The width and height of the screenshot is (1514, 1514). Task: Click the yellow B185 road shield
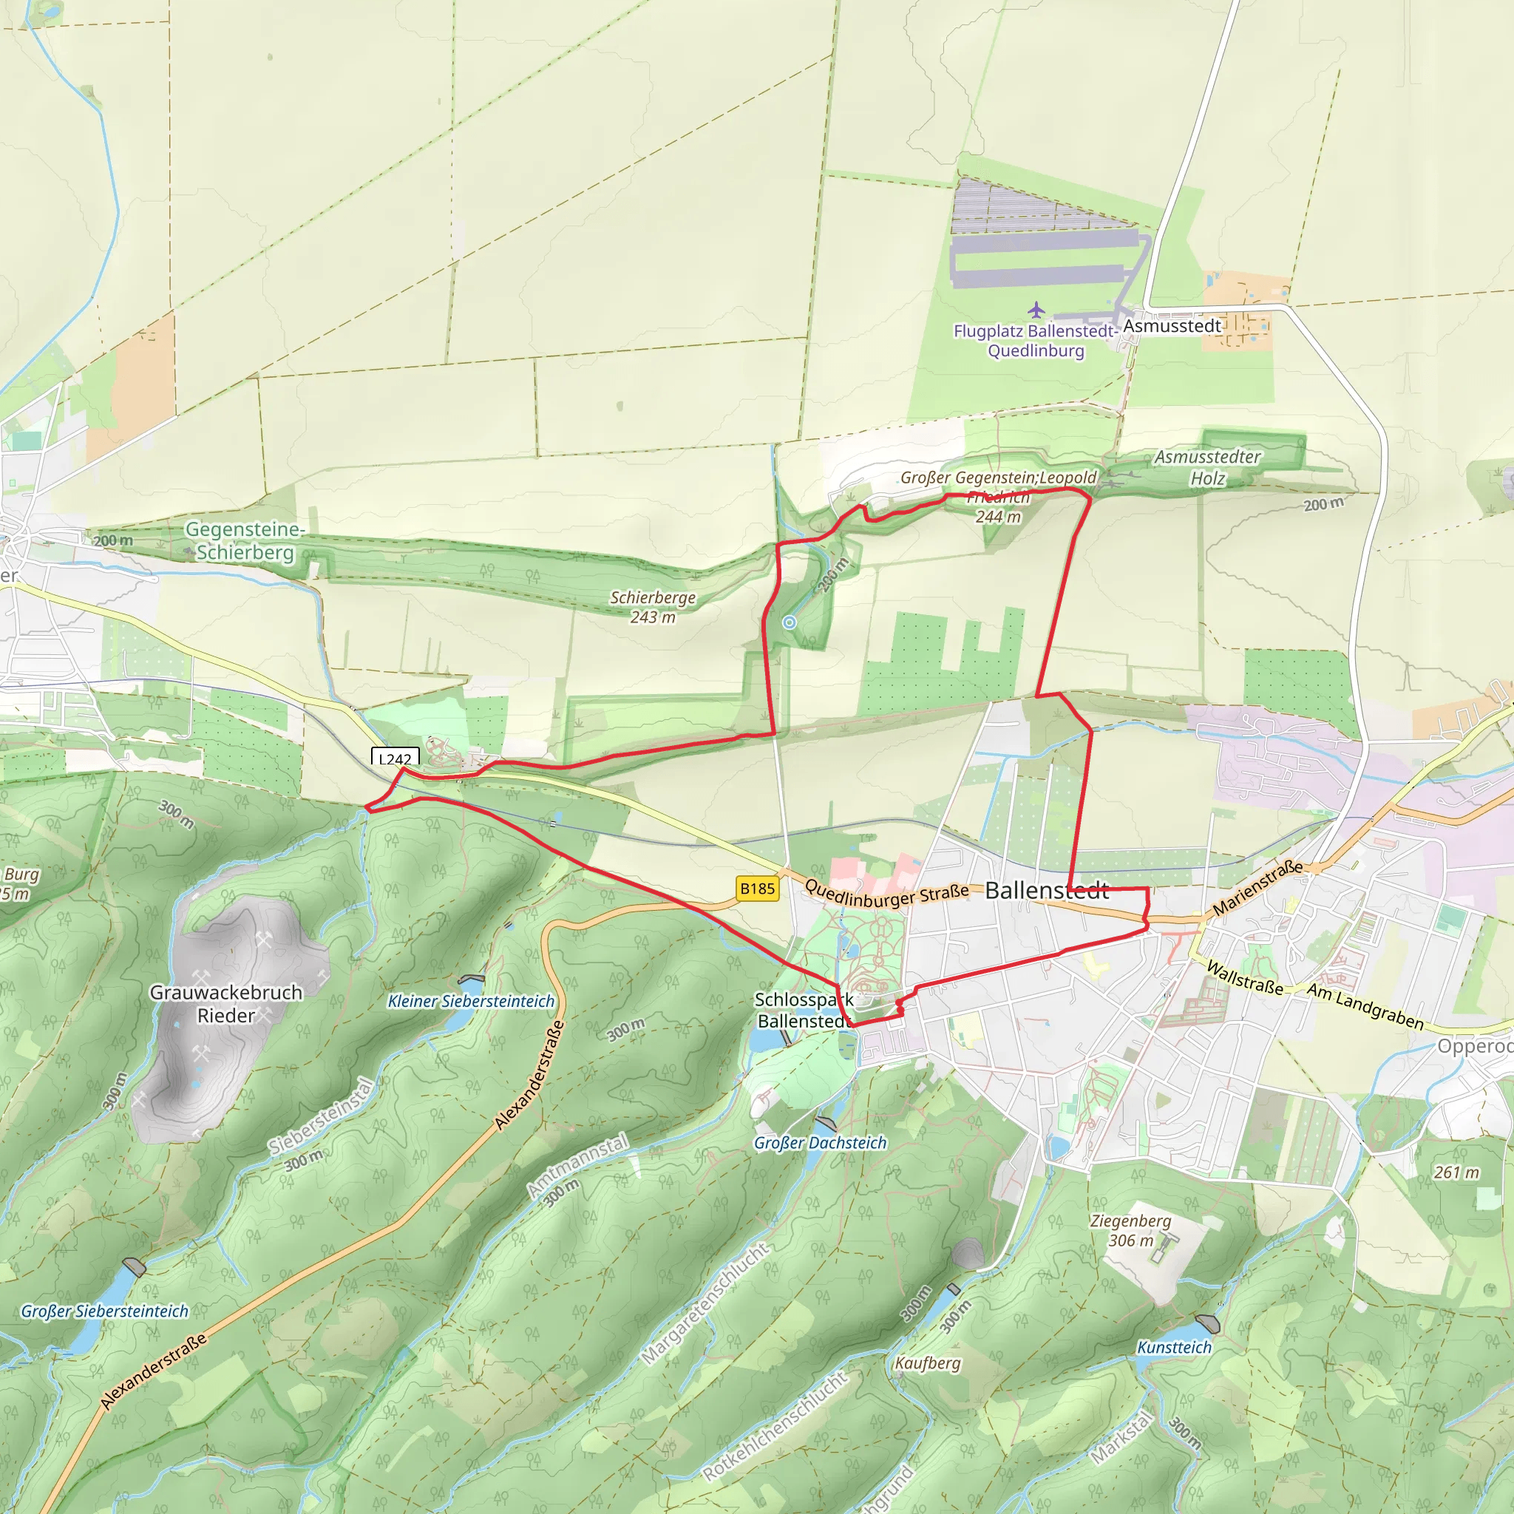pyautogui.click(x=757, y=889)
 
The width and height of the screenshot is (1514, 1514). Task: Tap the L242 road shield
pyautogui.click(x=395, y=758)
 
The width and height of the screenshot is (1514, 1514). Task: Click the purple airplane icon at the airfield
pyautogui.click(x=1036, y=310)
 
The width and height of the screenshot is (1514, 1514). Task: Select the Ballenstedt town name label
pyautogui.click(x=1046, y=890)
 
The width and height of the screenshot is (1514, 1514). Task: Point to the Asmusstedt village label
pyautogui.click(x=1172, y=325)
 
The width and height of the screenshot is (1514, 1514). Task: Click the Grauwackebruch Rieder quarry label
pyautogui.click(x=225, y=1004)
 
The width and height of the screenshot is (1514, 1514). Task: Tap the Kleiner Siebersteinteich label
pyautogui.click(x=471, y=1002)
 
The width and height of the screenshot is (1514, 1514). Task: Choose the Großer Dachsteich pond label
pyautogui.click(x=820, y=1143)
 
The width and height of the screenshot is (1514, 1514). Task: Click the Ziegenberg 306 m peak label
pyautogui.click(x=1130, y=1230)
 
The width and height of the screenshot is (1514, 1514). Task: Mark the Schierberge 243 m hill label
pyautogui.click(x=653, y=606)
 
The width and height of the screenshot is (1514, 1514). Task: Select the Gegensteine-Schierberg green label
pyautogui.click(x=245, y=540)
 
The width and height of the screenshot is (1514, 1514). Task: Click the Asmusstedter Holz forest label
pyautogui.click(x=1208, y=467)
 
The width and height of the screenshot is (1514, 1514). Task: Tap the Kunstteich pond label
pyautogui.click(x=1174, y=1347)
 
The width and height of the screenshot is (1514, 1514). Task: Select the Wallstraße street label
pyautogui.click(x=1244, y=977)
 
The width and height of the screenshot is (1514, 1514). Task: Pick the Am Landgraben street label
pyautogui.click(x=1365, y=1007)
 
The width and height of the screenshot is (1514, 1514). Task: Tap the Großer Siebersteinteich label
pyautogui.click(x=104, y=1311)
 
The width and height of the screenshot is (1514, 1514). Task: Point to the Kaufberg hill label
pyautogui.click(x=927, y=1362)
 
